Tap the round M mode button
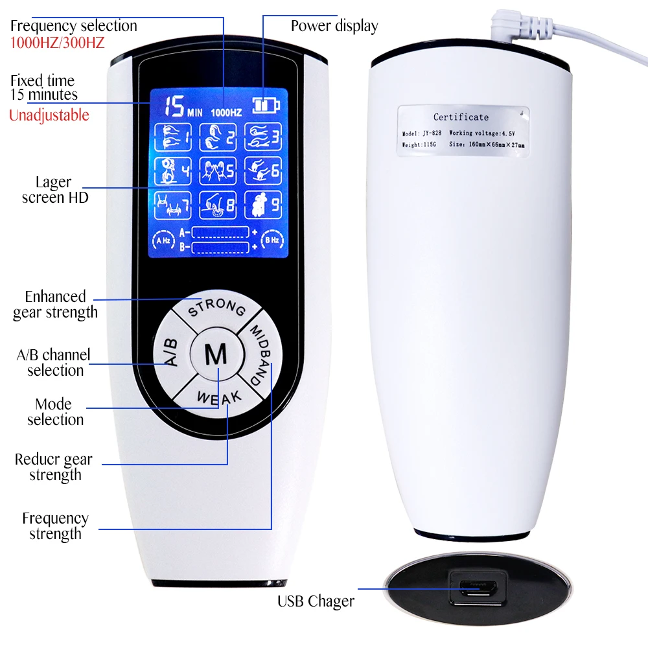coord(216,355)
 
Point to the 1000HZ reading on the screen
coord(226,112)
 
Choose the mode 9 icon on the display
coord(262,205)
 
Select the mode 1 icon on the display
coord(172,136)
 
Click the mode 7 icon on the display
coord(172,205)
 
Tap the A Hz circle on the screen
coord(162,240)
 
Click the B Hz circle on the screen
coord(271,240)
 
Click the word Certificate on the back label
coord(461,117)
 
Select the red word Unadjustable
coord(49,115)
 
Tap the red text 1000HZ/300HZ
coord(57,43)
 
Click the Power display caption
coord(334,27)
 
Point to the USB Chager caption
coord(316,601)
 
